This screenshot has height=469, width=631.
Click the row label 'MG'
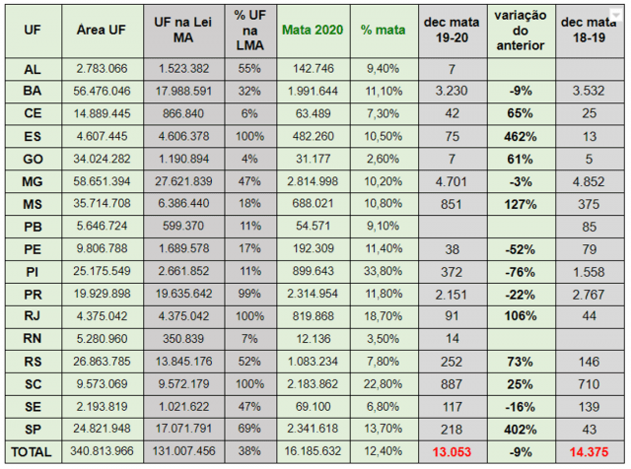coord(33,181)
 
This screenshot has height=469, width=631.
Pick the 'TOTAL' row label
coord(33,451)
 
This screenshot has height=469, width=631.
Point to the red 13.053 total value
coord(451,451)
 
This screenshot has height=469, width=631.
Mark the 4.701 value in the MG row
coord(451,181)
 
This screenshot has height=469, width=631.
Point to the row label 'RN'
coord(33,339)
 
